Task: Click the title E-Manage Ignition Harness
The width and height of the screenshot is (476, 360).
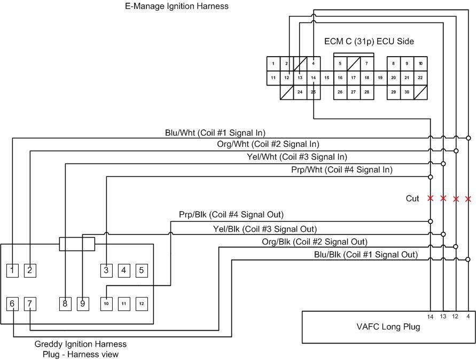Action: tap(176, 6)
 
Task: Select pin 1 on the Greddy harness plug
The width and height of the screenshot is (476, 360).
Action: tap(12, 270)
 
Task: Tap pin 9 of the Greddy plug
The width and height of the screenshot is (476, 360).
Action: tap(82, 304)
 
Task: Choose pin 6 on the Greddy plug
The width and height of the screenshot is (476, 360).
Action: tap(12, 304)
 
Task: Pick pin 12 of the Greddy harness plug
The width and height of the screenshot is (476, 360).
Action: tap(141, 304)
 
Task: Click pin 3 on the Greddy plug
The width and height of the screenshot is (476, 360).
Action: tap(106, 270)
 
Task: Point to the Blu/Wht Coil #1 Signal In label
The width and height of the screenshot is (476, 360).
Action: tap(215, 132)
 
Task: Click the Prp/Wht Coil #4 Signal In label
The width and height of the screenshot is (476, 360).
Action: tap(341, 170)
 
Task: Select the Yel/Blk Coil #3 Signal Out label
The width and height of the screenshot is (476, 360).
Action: tap(264, 229)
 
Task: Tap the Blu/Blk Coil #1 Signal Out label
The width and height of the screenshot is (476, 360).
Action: tap(366, 255)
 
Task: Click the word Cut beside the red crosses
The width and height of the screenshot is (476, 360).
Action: tap(412, 199)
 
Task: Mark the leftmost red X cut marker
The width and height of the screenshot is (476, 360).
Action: tap(431, 198)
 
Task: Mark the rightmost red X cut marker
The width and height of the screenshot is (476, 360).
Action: tap(468, 199)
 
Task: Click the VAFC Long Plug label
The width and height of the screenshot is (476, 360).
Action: tap(388, 327)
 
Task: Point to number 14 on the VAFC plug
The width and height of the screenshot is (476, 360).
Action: tap(430, 317)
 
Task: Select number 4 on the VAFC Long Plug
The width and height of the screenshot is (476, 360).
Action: tap(467, 317)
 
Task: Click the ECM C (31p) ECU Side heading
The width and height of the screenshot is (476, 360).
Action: tap(369, 41)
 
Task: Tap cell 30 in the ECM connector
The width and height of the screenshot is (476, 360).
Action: tap(407, 92)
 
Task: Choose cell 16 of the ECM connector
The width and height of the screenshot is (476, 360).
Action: tap(340, 78)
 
